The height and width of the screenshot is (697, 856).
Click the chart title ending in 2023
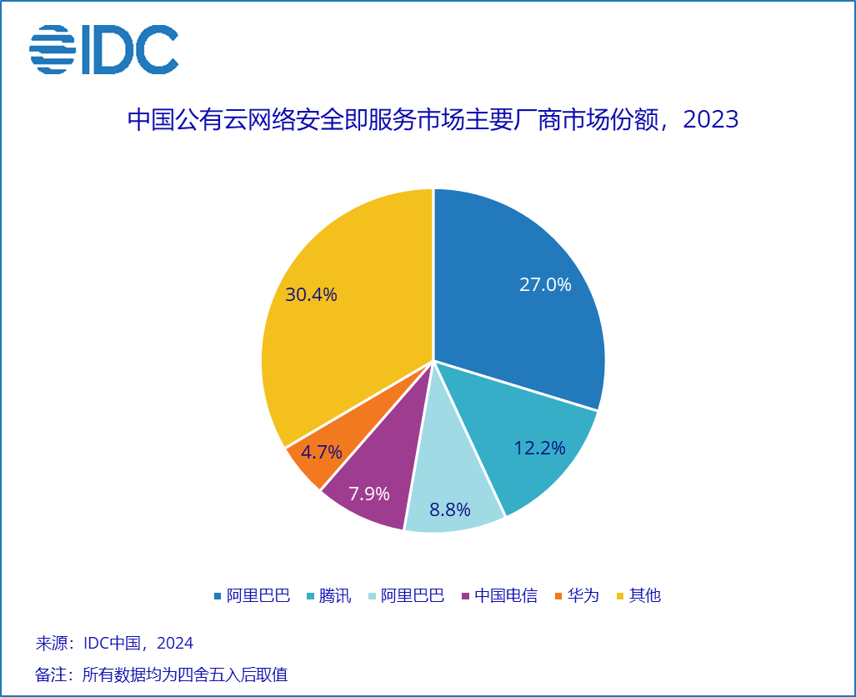tap(433, 119)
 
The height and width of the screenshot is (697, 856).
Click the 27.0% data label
tap(545, 284)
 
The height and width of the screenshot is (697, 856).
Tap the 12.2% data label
tap(539, 448)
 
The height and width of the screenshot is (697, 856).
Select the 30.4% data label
tap(311, 294)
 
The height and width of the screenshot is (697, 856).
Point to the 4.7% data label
tap(322, 453)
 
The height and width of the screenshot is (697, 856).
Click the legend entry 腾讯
tap(334, 595)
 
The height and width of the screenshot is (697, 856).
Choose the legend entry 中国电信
tap(505, 595)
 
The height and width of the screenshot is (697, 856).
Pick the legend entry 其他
tap(644, 595)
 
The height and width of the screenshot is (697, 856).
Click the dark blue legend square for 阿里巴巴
tap(218, 595)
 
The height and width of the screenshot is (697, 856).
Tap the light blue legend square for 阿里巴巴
tap(373, 595)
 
